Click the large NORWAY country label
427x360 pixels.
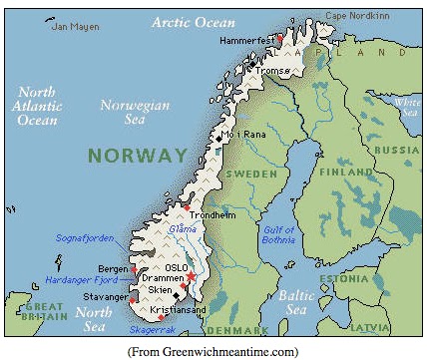(137, 155)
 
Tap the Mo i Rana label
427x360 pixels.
(244, 134)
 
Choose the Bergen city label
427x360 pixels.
(113, 270)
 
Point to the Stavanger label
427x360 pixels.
(107, 296)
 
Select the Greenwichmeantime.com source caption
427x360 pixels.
(213, 351)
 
